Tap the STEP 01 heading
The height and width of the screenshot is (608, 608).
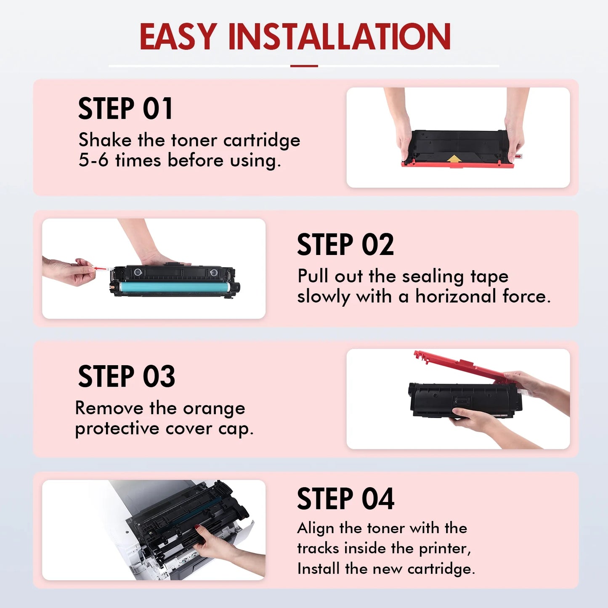pyautogui.click(x=125, y=109)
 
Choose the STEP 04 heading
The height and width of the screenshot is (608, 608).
pyautogui.click(x=345, y=499)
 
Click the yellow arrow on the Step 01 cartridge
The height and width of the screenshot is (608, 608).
pyautogui.click(x=454, y=158)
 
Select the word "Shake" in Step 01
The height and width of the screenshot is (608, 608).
pyautogui.click(x=105, y=140)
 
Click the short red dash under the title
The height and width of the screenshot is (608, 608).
pyautogui.click(x=304, y=66)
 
